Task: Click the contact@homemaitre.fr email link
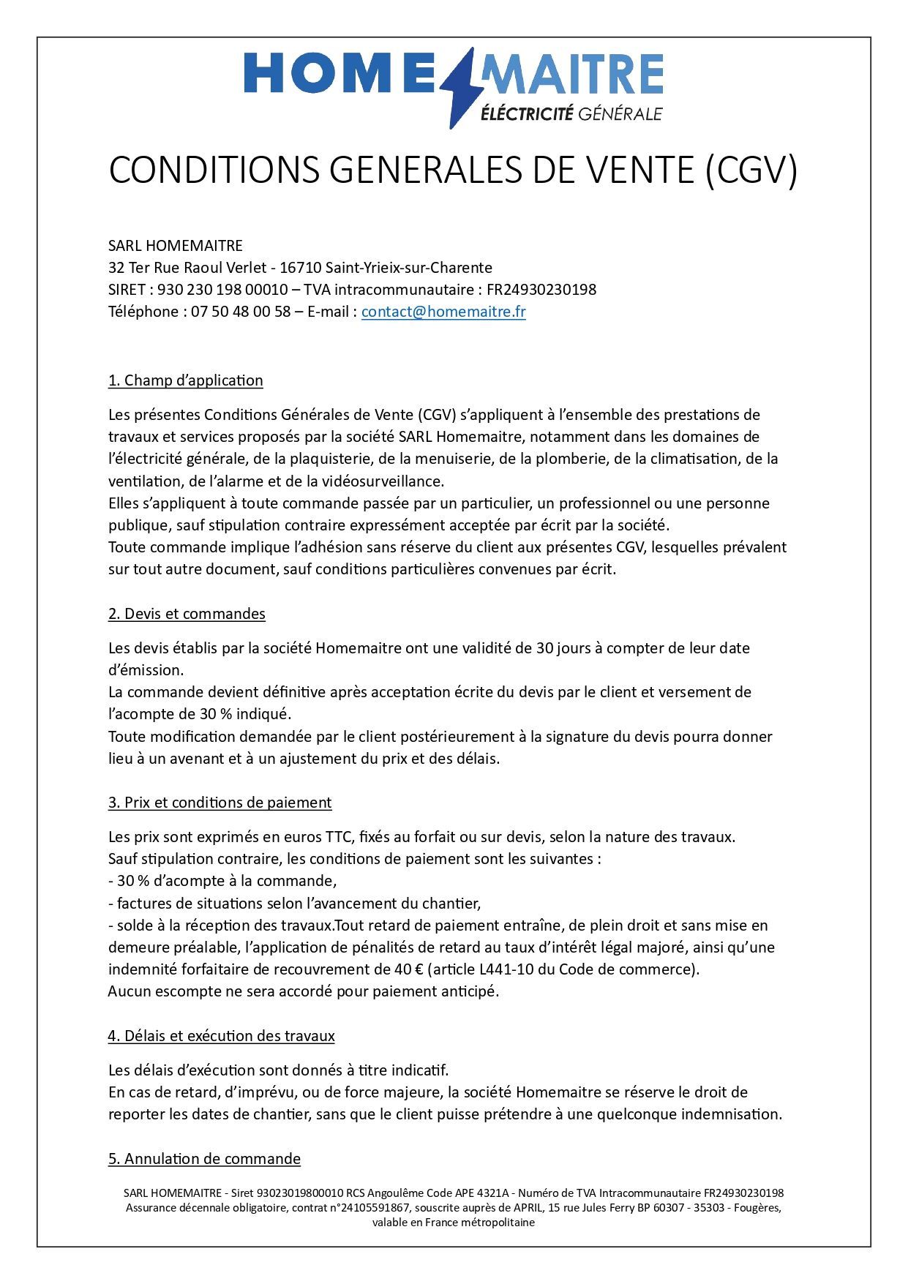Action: tap(443, 312)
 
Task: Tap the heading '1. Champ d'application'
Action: tap(186, 380)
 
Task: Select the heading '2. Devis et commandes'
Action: tap(187, 614)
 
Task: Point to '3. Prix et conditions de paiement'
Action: tap(220, 803)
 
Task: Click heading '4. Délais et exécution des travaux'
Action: tap(221, 1036)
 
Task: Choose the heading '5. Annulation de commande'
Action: tap(204, 1159)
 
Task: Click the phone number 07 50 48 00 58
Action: tap(241, 312)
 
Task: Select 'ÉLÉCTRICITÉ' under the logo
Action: tap(526, 113)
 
